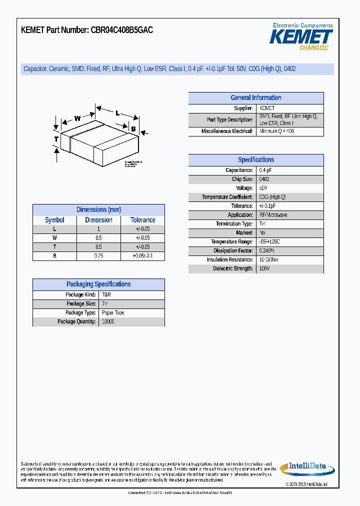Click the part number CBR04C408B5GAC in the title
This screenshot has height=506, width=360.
click(121, 30)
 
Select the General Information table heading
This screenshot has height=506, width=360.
click(255, 98)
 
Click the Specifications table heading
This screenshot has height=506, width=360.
click(255, 160)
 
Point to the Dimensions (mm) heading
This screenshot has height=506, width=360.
click(98, 210)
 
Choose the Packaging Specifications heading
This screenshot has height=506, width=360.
click(98, 284)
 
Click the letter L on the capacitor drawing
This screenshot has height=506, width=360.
click(117, 113)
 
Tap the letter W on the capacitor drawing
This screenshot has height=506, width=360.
click(77, 118)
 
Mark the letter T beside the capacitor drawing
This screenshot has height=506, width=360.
click(56, 138)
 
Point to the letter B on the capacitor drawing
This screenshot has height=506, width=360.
click(133, 129)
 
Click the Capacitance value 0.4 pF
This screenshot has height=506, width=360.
click(265, 170)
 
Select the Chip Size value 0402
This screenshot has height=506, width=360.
click(264, 179)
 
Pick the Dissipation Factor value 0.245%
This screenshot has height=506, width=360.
click(267, 251)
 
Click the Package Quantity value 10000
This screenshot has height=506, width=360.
click(108, 322)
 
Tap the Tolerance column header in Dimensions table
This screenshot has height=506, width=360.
click(142, 220)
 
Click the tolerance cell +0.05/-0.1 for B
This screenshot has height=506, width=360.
click(142, 256)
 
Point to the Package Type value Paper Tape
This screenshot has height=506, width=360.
click(113, 313)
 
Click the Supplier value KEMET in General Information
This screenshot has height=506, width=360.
click(266, 108)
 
